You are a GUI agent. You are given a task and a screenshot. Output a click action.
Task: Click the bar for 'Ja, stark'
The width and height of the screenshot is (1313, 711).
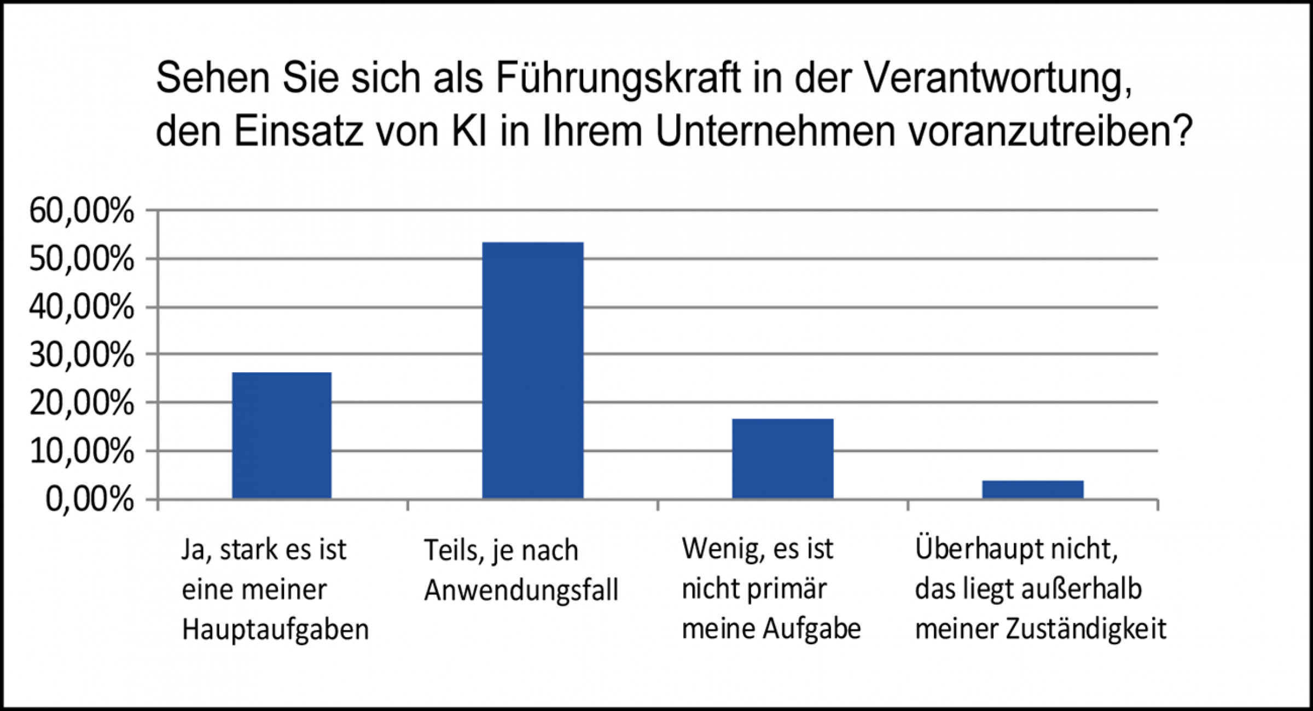(x=282, y=435)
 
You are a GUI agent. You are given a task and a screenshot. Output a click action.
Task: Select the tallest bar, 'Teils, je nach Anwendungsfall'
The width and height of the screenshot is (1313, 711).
(x=532, y=370)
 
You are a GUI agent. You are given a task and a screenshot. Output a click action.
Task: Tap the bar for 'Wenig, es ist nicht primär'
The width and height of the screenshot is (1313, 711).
(x=783, y=458)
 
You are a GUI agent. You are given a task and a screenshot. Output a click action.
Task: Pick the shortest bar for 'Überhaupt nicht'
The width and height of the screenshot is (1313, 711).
(x=1033, y=489)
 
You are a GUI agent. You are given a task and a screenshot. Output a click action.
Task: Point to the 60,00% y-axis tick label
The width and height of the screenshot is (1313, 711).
(x=82, y=211)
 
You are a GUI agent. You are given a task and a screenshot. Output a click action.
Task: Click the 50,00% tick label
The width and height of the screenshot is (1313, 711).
(x=82, y=259)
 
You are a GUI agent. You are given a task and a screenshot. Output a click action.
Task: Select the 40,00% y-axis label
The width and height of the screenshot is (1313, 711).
(x=82, y=308)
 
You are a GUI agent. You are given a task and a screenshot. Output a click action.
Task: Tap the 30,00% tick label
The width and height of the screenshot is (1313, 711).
(x=82, y=356)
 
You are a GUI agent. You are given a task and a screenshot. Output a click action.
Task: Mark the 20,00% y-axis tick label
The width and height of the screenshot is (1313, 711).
(x=82, y=404)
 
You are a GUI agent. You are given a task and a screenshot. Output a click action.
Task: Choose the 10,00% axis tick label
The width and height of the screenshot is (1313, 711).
(x=82, y=452)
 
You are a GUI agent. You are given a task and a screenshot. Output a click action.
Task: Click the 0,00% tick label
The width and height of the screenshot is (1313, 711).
(x=90, y=500)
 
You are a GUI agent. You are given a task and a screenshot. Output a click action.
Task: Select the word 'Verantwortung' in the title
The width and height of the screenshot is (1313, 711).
(x=990, y=79)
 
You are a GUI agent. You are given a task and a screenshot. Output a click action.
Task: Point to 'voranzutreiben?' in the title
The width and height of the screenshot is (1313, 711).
(x=1050, y=132)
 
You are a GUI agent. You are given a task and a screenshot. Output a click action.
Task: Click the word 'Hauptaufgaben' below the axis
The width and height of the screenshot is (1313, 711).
(x=275, y=630)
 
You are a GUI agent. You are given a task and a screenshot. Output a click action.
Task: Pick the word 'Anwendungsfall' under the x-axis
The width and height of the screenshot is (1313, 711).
(x=521, y=591)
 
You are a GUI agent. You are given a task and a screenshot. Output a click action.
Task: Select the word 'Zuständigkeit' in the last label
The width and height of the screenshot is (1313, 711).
(x=1086, y=629)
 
